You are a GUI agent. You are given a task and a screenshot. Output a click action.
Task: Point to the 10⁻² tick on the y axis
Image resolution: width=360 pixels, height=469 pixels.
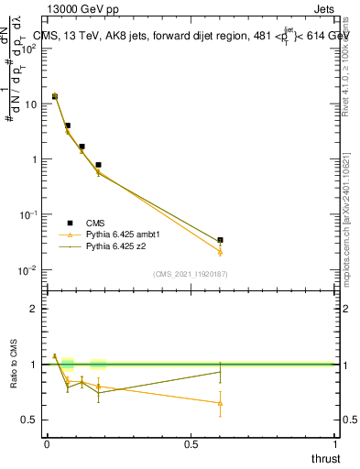pos(29,269)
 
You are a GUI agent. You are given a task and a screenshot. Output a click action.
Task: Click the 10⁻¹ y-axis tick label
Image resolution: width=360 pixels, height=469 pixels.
pos(29,214)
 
